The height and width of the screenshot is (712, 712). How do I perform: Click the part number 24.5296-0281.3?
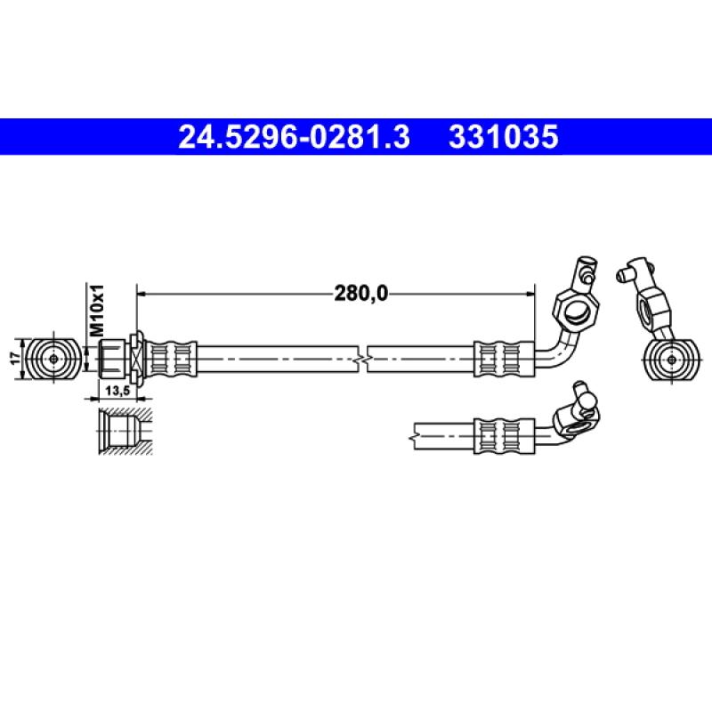tap(295, 137)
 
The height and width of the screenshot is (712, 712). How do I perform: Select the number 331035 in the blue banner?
tap(504, 137)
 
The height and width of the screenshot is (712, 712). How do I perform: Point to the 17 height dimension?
tap(14, 358)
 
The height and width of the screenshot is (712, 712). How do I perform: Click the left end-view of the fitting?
tap(53, 358)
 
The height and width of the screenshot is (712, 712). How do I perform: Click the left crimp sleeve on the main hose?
tap(170, 358)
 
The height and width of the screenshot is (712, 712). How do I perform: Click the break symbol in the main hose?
tap(365, 358)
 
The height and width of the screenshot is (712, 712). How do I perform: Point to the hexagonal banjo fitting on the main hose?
tap(575, 309)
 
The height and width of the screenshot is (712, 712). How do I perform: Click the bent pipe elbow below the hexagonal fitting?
tap(554, 350)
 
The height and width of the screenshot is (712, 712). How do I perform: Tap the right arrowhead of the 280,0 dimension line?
tap(531, 291)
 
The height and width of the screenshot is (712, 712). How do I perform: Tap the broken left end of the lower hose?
tap(416, 435)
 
